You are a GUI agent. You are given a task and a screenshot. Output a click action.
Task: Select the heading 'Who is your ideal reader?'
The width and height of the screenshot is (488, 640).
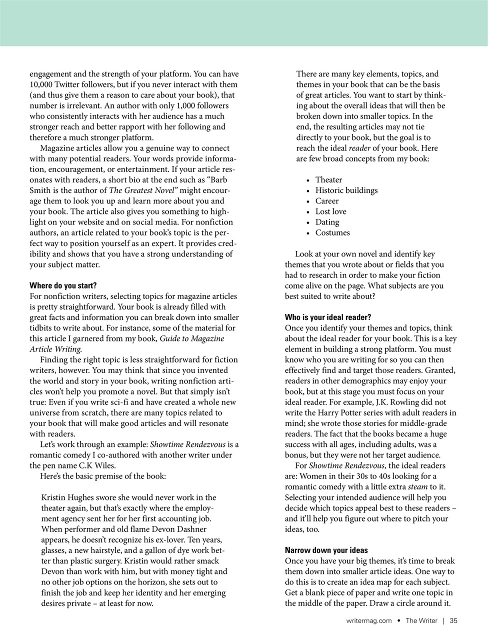(x=328, y=317)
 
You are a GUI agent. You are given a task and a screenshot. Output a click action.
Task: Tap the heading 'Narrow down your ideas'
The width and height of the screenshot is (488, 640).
(x=326, y=550)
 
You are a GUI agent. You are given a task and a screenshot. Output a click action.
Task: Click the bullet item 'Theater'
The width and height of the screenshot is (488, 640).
(x=328, y=180)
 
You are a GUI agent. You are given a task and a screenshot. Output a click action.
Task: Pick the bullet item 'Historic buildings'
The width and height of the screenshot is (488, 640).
(x=346, y=190)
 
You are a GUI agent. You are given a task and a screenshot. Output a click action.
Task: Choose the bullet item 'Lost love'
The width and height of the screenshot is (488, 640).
(x=330, y=211)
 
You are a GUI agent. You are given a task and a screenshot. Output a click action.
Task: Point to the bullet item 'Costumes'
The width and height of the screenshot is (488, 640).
(x=332, y=232)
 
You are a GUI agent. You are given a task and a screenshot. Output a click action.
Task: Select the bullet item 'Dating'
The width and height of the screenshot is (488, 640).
(x=327, y=222)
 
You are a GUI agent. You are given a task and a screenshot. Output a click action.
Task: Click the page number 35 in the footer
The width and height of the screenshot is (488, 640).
(x=453, y=621)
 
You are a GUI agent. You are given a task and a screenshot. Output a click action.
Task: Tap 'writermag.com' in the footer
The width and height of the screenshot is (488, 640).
(x=369, y=621)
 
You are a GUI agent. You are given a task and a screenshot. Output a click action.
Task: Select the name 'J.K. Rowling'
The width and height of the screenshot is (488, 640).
(x=403, y=402)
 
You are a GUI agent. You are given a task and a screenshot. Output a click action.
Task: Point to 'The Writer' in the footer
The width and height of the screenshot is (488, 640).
(x=421, y=621)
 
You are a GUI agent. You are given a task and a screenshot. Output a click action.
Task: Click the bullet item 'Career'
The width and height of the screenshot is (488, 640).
(x=327, y=201)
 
